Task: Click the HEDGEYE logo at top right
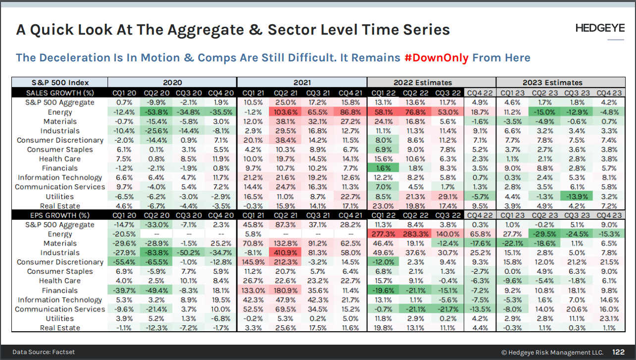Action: coord(600,28)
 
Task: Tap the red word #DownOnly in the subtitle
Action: coord(436,57)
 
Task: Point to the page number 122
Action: coord(618,352)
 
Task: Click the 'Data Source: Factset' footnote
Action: coord(44,352)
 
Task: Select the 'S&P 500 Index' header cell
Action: coord(59,83)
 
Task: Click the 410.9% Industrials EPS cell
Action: coord(286,253)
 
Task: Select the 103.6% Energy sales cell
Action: coord(286,112)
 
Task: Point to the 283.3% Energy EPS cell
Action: coord(415,234)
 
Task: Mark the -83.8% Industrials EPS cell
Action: coord(156,253)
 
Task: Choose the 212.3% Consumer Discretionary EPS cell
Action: coord(286,262)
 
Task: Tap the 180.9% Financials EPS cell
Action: coord(286,290)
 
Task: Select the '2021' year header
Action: coord(302,83)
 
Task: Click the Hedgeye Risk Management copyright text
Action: coord(552,352)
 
